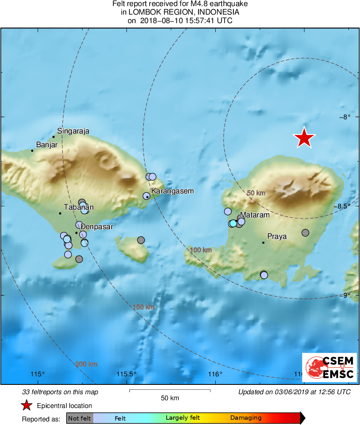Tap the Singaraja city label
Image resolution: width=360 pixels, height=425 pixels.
point(73,131)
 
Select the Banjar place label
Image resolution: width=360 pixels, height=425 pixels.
point(47,144)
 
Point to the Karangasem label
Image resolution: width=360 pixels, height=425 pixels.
point(172,191)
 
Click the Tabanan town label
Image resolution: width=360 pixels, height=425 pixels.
point(79,208)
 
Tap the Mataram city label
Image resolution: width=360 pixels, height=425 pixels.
point(255,215)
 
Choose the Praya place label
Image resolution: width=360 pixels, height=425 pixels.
point(277,236)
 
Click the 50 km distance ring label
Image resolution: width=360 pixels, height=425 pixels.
point(256,193)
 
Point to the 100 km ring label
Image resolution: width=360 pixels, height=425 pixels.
point(201,250)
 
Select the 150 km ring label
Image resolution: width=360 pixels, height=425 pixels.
point(144,307)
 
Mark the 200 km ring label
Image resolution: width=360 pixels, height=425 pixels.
point(86,364)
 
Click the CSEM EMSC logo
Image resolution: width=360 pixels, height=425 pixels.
point(329,367)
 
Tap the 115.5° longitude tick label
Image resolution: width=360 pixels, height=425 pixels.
point(126,374)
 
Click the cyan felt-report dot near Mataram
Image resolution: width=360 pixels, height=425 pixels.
point(233,223)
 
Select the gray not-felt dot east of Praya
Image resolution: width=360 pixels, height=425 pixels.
point(305,232)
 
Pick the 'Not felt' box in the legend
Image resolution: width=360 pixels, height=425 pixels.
point(80,418)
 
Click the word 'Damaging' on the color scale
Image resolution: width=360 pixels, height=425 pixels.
point(246,418)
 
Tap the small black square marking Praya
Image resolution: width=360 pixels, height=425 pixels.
point(264,243)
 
